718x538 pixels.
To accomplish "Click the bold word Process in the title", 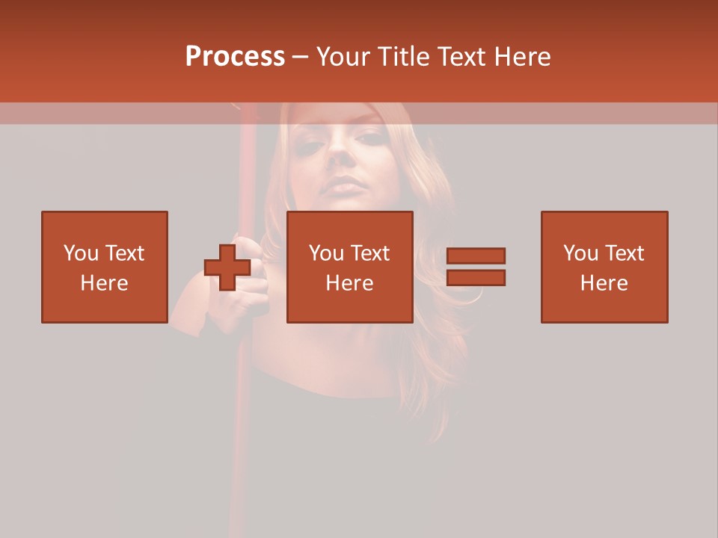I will (235, 56).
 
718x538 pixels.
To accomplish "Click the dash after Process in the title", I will (301, 58).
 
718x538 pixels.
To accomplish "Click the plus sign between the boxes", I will (227, 268).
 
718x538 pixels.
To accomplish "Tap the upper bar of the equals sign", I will (476, 256).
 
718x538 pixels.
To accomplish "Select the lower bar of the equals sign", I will (476, 278).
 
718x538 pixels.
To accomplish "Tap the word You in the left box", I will (81, 253).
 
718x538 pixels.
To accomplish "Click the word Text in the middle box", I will (371, 253).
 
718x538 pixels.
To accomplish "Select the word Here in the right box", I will (604, 283).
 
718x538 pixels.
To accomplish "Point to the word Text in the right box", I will (625, 253).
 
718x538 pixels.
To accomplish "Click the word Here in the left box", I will (104, 283).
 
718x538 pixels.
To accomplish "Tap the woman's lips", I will (347, 185).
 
